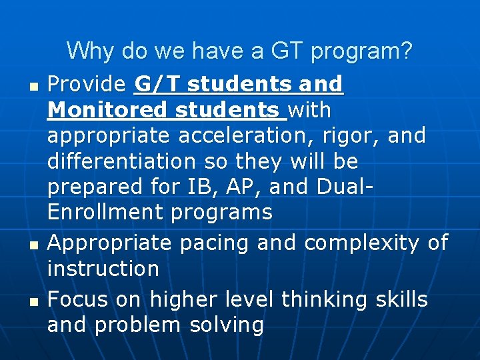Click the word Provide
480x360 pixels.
click(x=87, y=85)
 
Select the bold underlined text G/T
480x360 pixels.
click(x=157, y=85)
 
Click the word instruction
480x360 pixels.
click(x=103, y=269)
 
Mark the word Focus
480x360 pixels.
click(x=77, y=299)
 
